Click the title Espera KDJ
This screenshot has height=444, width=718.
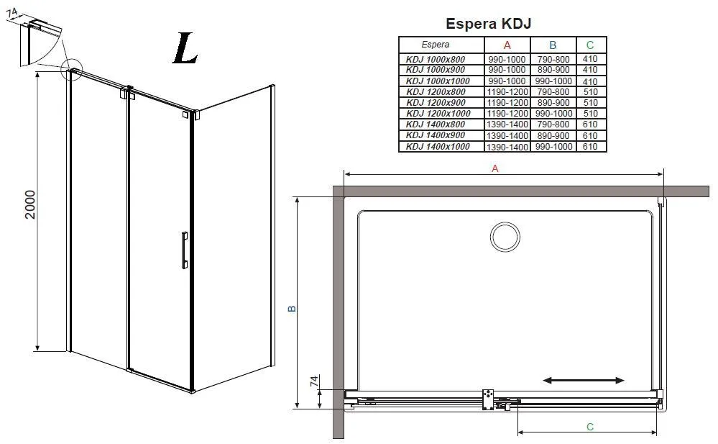(x=488, y=24)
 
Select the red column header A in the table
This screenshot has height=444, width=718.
(x=507, y=45)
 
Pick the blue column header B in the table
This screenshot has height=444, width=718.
(x=553, y=45)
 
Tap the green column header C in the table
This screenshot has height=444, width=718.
(x=590, y=45)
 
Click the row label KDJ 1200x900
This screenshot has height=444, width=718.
(x=436, y=103)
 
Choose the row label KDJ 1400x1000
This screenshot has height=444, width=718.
(x=438, y=146)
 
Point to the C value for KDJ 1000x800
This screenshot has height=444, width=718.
(x=590, y=59)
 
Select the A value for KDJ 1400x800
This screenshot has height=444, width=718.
(x=507, y=124)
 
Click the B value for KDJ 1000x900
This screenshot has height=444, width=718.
(x=553, y=70)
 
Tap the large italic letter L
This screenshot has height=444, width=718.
(x=185, y=49)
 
